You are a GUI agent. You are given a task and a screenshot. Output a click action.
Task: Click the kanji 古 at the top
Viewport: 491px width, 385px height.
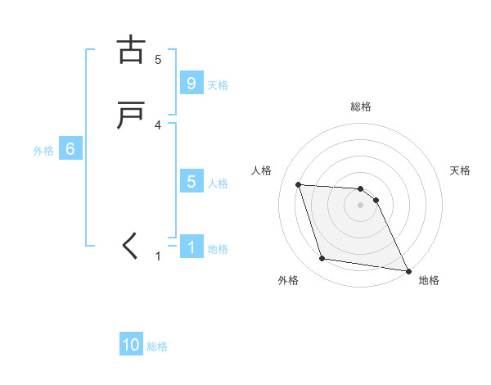(131, 50)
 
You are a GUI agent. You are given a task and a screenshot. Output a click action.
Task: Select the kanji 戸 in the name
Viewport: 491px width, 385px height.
(131, 115)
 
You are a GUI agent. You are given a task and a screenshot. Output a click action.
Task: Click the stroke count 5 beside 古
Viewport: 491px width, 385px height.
(158, 59)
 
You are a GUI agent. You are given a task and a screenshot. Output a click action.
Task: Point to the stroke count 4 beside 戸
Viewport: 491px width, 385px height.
(158, 125)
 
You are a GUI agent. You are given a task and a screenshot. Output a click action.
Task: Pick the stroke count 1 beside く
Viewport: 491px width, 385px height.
(159, 256)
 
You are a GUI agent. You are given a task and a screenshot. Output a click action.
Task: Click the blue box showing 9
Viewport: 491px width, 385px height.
(191, 84)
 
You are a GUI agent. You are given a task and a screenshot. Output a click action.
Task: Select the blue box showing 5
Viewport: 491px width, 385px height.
(191, 182)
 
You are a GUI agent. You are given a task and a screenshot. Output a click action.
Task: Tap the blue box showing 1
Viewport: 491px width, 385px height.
(191, 247)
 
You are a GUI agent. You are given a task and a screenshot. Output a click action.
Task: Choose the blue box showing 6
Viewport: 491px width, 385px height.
(70, 149)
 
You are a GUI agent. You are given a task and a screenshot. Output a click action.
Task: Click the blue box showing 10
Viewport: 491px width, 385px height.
(131, 346)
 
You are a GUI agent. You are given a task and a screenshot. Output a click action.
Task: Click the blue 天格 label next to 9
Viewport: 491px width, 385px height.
(218, 84)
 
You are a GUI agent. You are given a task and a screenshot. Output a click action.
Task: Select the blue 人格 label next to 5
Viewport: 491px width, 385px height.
(218, 183)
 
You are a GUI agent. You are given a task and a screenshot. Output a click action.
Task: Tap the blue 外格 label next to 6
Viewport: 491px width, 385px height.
(43, 150)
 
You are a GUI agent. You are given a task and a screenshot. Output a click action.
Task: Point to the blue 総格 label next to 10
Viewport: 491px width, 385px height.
(157, 346)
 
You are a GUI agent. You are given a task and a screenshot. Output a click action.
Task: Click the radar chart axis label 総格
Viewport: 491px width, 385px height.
(361, 106)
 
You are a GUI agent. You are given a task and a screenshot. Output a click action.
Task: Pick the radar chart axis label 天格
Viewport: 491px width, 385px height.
(460, 170)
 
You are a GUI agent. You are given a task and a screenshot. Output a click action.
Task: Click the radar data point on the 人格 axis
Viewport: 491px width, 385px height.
(299, 184)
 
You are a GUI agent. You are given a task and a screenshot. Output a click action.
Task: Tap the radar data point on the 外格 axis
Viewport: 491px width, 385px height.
(322, 259)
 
